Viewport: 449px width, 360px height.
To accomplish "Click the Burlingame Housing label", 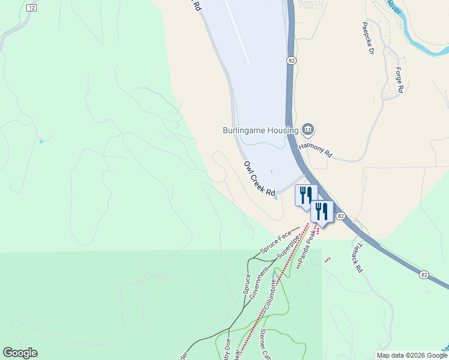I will click(x=260, y=130).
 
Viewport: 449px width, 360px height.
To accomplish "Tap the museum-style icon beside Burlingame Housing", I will click(x=309, y=129).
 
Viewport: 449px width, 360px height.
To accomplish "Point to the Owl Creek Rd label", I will click(x=259, y=178).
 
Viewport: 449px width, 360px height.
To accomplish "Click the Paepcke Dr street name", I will click(x=368, y=39).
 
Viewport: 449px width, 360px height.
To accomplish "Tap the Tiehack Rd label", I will click(x=356, y=257).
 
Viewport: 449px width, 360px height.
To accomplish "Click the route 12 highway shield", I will click(x=32, y=7).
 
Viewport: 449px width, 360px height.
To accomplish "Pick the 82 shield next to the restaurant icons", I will click(x=340, y=216).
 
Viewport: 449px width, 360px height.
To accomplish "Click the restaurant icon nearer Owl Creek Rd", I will click(x=306, y=195).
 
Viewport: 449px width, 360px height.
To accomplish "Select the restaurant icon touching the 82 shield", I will click(x=322, y=211).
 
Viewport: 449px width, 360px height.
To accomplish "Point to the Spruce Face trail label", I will click(x=276, y=242).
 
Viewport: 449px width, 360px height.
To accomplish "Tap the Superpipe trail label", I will click(x=288, y=247).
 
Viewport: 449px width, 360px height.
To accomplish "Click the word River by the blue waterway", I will click(x=394, y=7).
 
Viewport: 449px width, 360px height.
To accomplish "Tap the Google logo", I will click(x=20, y=353).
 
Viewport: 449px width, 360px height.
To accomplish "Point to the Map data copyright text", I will click(x=412, y=355).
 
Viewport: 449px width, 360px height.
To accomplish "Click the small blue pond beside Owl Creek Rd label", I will click(x=276, y=199).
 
